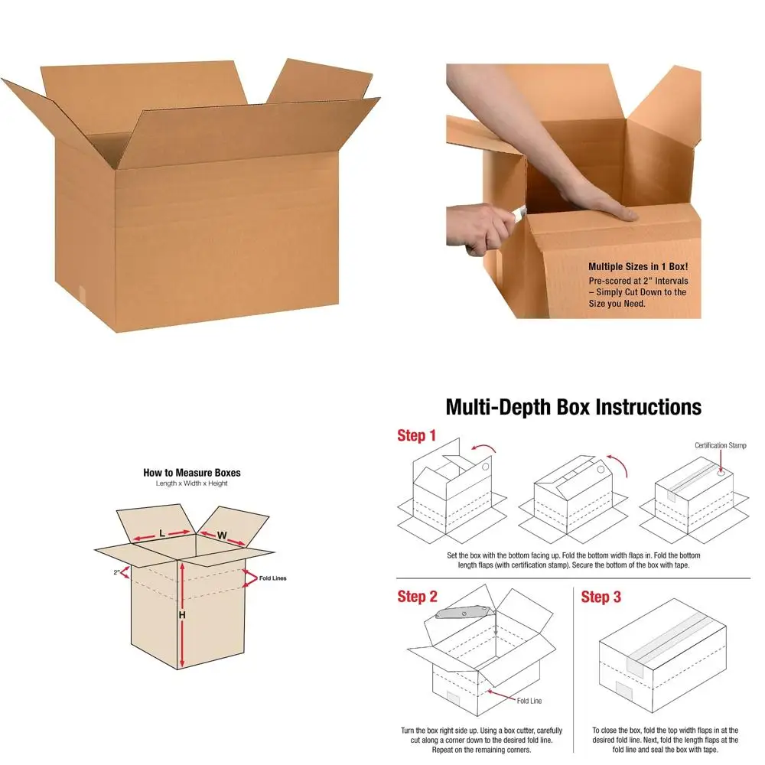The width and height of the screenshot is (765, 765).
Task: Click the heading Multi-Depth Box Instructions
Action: [573, 406]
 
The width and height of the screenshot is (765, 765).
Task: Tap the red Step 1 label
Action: [417, 436]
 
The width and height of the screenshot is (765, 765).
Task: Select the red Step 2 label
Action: [418, 597]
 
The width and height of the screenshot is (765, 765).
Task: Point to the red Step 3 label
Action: [601, 597]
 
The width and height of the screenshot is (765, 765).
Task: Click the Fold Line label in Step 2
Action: [530, 701]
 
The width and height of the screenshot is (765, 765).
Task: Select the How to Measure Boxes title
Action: [192, 473]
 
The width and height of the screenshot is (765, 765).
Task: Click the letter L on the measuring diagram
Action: [162, 532]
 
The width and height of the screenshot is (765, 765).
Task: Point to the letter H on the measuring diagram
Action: [181, 614]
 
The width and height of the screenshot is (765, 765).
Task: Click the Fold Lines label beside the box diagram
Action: [273, 578]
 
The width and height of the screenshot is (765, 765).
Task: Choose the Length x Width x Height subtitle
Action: [192, 483]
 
